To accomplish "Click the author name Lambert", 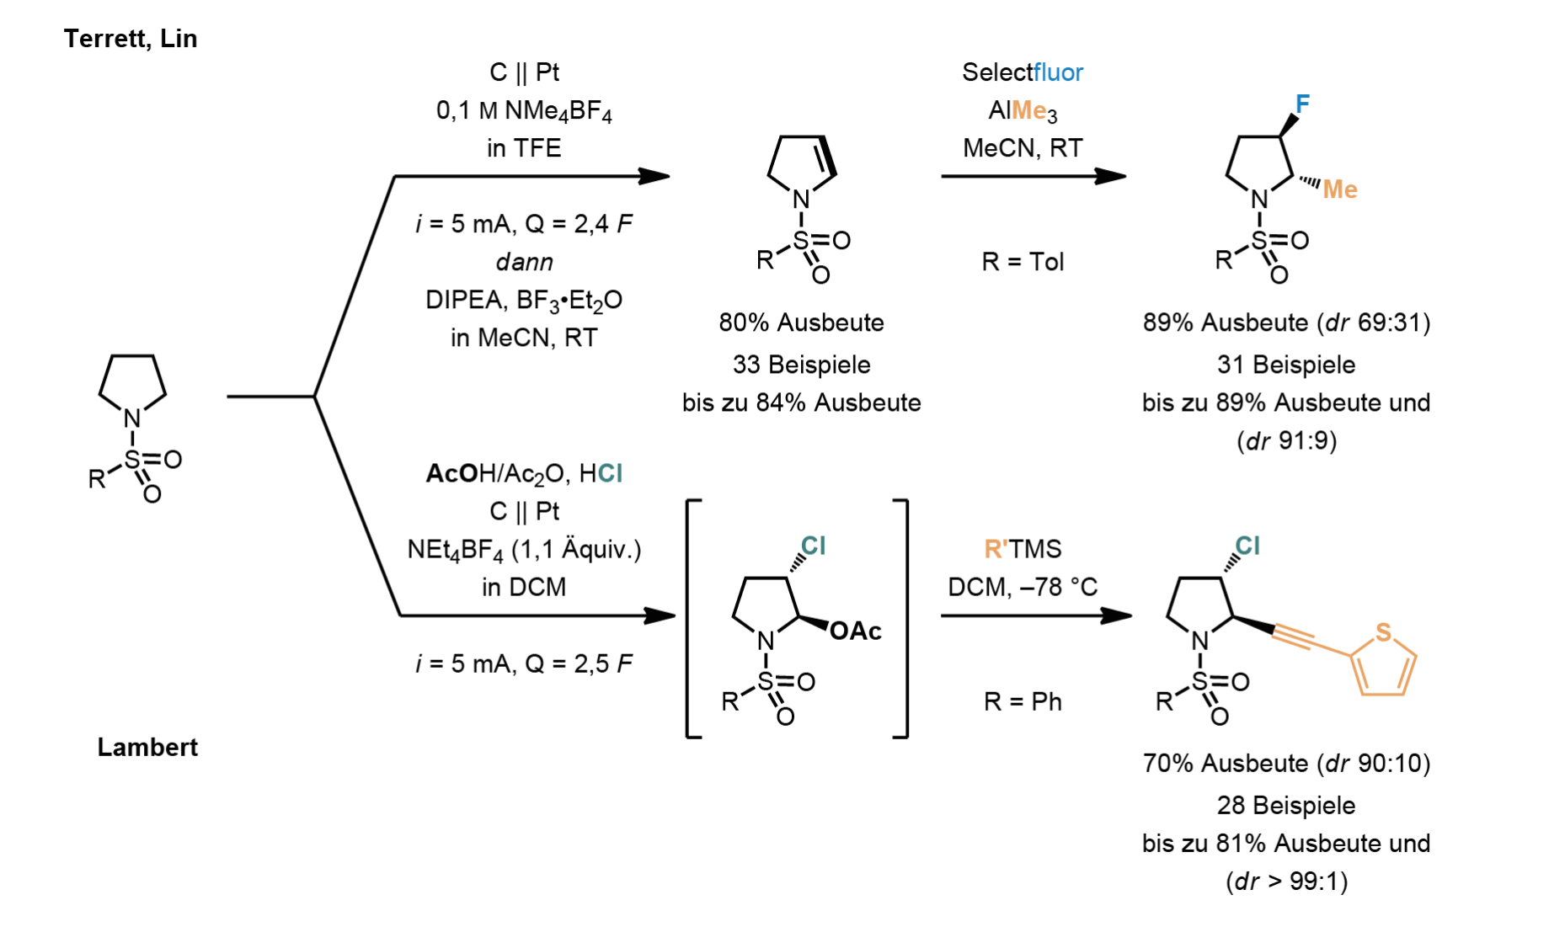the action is [147, 747].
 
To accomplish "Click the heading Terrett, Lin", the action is [131, 39].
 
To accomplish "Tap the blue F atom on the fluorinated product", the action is [1302, 104].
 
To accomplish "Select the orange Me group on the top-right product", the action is [1339, 189].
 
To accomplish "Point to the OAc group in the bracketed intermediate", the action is [856, 631].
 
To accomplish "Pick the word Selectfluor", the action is [1023, 72].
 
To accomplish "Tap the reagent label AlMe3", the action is [1023, 111].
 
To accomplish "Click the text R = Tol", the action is [1023, 262].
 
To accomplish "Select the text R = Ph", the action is [1023, 702].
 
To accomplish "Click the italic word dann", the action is [524, 262].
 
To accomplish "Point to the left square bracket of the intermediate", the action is [690, 619].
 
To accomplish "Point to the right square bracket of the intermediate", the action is [905, 619].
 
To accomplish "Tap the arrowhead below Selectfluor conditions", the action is [1110, 176].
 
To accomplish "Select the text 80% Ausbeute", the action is [801, 322].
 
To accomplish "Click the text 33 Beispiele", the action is [801, 365].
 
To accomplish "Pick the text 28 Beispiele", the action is [1285, 806].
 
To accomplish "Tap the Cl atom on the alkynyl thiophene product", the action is [1247, 546].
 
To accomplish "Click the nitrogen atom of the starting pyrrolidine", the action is [132, 418].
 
